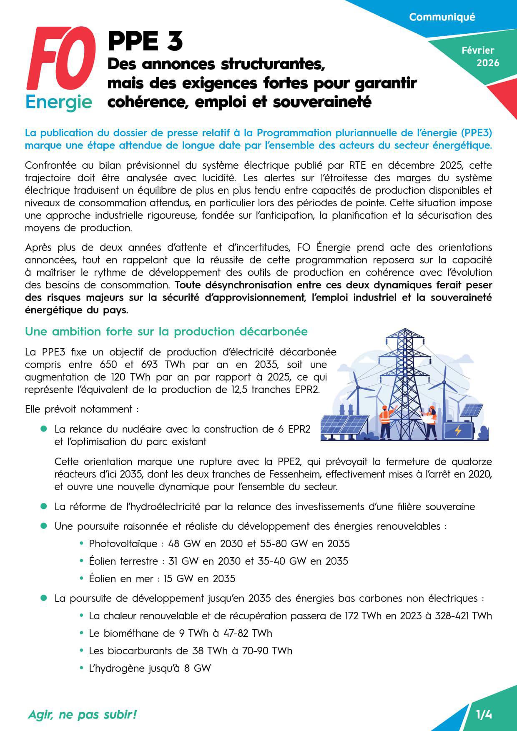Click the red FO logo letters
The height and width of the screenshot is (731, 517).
(60, 60)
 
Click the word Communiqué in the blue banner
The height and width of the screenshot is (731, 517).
(442, 17)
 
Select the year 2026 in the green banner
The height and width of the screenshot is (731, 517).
(488, 63)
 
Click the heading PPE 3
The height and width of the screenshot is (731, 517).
(145, 41)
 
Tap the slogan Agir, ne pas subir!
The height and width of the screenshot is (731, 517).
(82, 715)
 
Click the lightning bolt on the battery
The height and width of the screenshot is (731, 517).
(458, 430)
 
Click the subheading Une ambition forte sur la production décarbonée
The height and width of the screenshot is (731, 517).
(166, 332)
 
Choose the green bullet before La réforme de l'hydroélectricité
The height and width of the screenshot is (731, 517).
(43, 506)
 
